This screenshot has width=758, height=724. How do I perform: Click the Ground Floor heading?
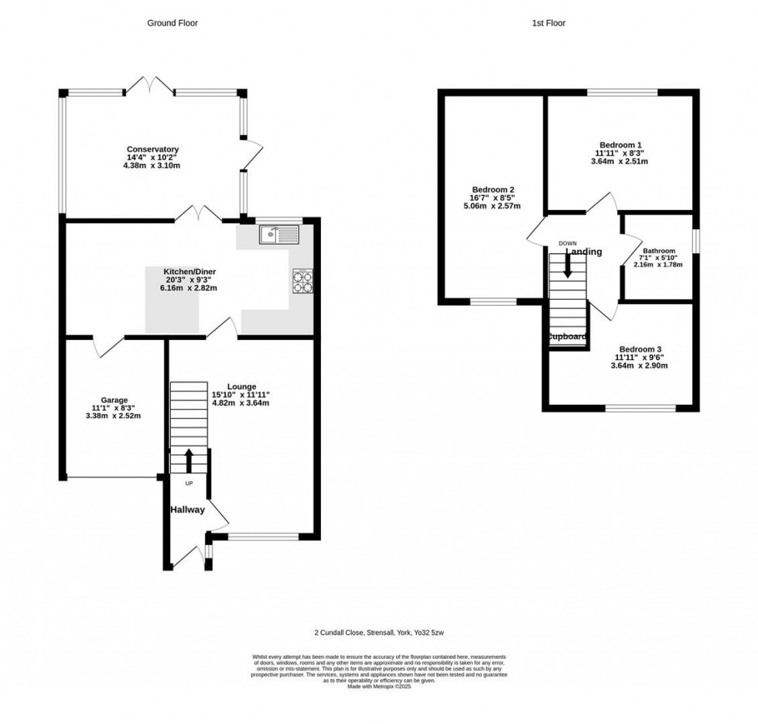(x=172, y=23)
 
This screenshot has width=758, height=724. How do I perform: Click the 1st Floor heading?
(x=548, y=23)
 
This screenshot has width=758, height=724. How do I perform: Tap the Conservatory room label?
(x=154, y=149)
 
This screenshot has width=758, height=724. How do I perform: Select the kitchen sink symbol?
(x=278, y=233)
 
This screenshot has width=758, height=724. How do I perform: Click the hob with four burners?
(x=302, y=282)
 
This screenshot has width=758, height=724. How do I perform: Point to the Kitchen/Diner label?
(x=189, y=272)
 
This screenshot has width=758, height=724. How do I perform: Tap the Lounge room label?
(x=241, y=386)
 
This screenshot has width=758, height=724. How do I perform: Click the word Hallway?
(x=188, y=510)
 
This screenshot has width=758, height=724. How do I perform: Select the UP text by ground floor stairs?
(x=189, y=484)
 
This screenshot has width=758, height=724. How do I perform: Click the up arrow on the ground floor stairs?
(x=189, y=460)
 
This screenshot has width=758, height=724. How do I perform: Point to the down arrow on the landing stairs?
(x=568, y=266)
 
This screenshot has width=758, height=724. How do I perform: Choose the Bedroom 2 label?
(x=493, y=190)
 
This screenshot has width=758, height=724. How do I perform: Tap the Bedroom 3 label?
(x=638, y=349)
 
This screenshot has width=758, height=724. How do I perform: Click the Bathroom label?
(x=659, y=251)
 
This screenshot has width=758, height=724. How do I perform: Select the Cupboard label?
(x=568, y=337)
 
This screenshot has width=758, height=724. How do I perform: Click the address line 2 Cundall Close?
(x=379, y=630)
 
